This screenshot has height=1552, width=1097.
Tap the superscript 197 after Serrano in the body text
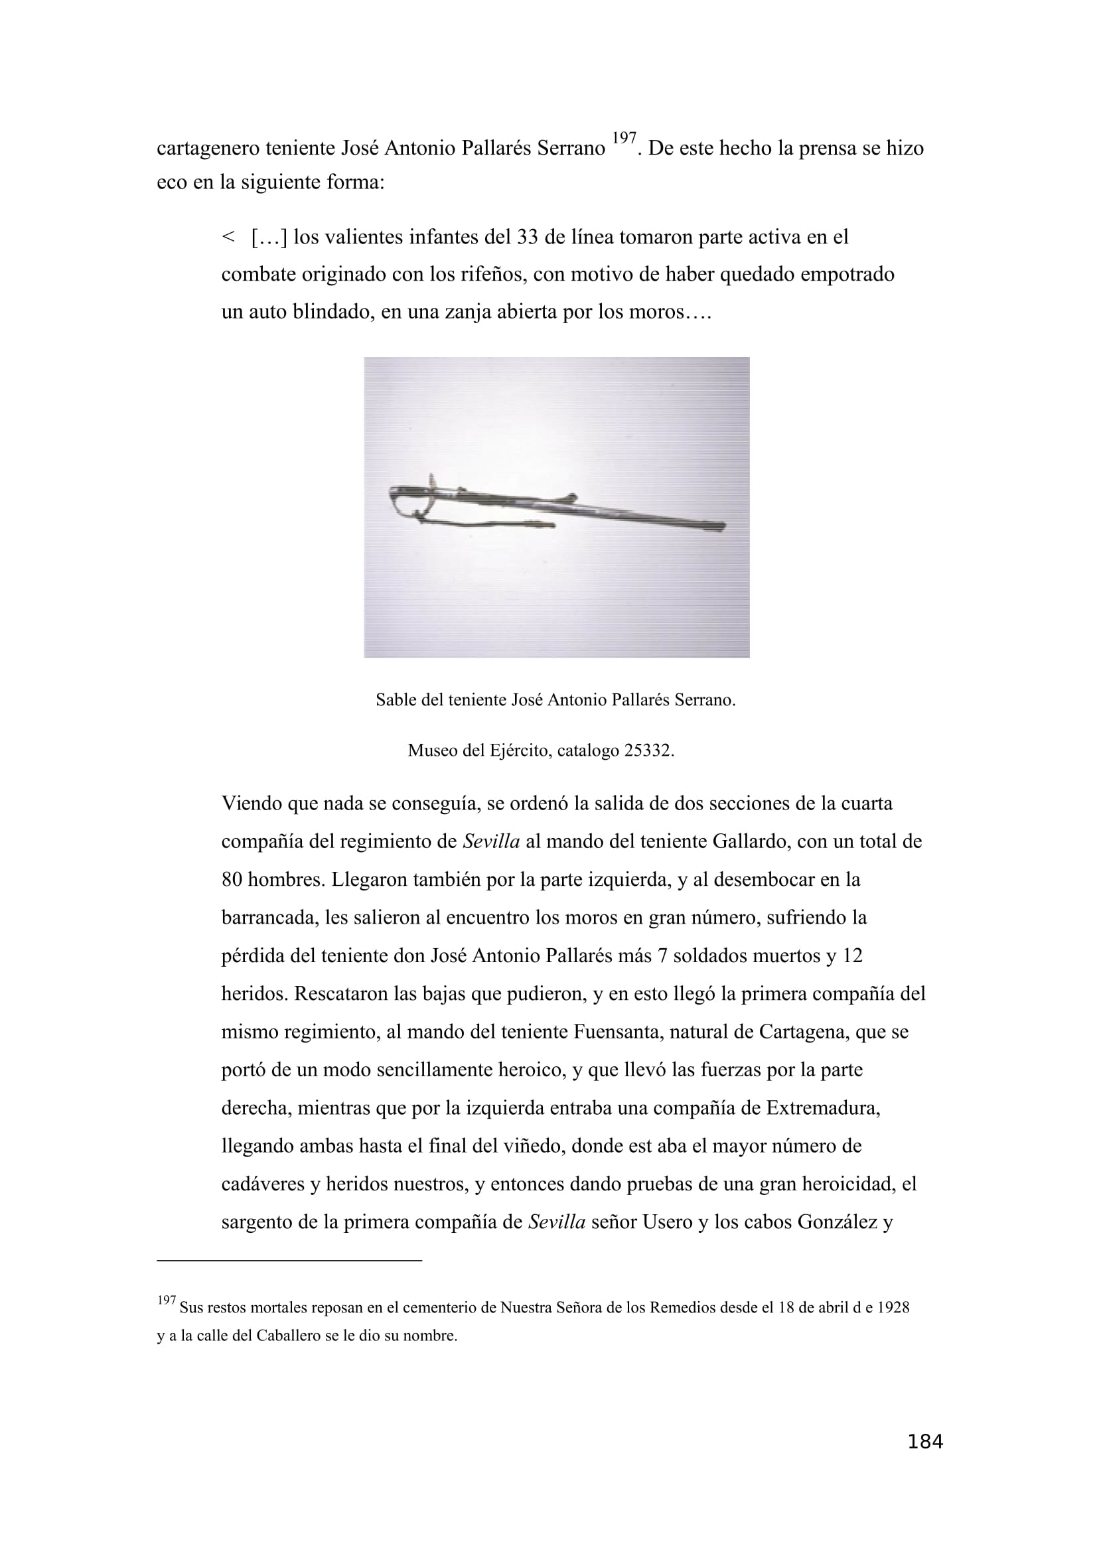(624, 139)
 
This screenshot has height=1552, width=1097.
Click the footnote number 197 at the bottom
(167, 1301)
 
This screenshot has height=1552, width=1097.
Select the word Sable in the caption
(396, 700)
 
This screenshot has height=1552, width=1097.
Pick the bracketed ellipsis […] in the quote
(269, 238)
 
